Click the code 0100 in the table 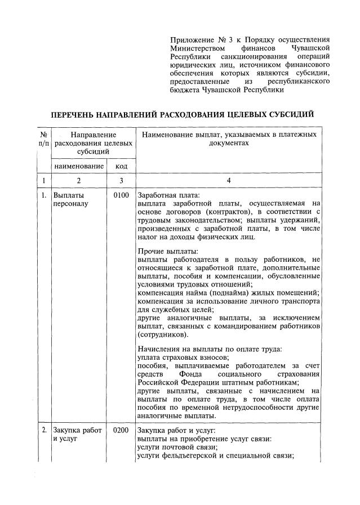[x=121, y=195]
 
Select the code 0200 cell [x=121, y=431]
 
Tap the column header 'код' [x=121, y=166]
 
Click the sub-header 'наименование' [x=79, y=166]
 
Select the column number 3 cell [x=121, y=181]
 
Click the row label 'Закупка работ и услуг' [x=77, y=435]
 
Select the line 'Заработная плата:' [x=168, y=195]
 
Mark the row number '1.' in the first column [x=43, y=195]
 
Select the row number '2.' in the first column [x=43, y=431]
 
